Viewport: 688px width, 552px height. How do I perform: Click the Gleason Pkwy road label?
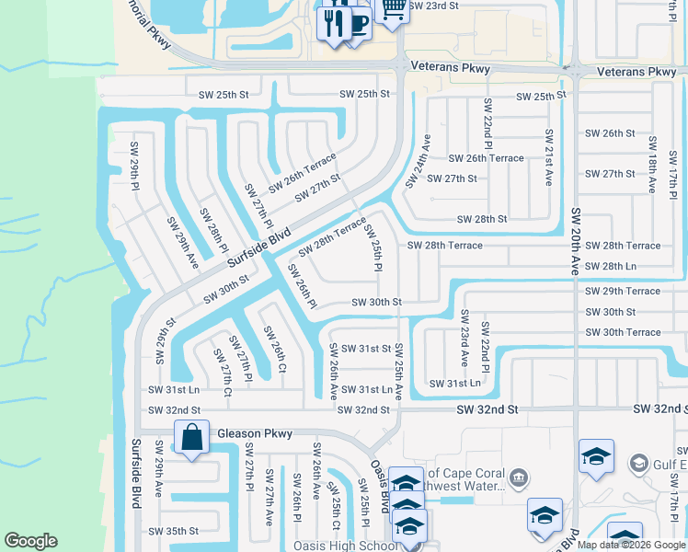click(x=255, y=433)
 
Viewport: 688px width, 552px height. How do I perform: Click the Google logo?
click(x=30, y=541)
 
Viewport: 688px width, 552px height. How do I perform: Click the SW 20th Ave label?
click(x=576, y=240)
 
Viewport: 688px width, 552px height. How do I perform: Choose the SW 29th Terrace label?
click(x=623, y=291)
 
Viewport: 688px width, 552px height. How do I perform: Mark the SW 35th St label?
click(x=173, y=531)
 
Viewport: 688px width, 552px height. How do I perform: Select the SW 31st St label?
click(x=366, y=349)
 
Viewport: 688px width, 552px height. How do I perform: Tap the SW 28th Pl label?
click(x=214, y=229)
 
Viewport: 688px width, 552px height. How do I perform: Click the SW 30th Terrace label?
click(x=623, y=332)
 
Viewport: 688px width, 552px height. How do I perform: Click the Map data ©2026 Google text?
click(x=629, y=545)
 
